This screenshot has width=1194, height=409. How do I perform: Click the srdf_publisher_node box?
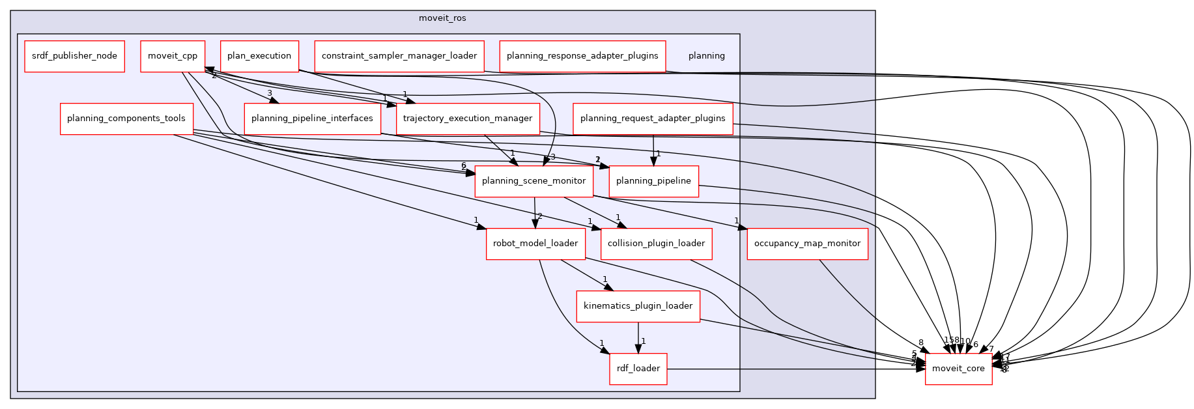tap(74, 56)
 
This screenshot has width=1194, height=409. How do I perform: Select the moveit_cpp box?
tap(173, 56)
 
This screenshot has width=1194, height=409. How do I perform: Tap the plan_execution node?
tap(259, 56)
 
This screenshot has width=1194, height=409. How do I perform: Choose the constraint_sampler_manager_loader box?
tap(399, 56)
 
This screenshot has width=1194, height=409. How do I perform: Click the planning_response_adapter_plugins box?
tap(582, 56)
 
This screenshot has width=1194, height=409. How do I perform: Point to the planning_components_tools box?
tap(126, 119)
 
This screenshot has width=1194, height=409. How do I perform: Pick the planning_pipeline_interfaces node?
tap(312, 119)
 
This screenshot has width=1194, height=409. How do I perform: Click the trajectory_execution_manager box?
tap(468, 119)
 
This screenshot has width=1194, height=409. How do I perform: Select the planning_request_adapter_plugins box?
tap(653, 119)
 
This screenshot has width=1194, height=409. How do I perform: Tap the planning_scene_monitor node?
tap(533, 181)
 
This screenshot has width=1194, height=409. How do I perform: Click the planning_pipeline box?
tap(653, 181)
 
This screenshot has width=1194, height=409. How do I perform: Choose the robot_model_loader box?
tap(535, 244)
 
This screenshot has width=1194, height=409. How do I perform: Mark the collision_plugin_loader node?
tap(656, 244)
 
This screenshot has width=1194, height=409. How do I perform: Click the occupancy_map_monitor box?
tap(807, 244)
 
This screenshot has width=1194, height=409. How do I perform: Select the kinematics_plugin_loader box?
tap(638, 306)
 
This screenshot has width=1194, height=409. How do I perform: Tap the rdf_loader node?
tap(638, 369)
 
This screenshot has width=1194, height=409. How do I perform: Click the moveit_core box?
tap(958, 369)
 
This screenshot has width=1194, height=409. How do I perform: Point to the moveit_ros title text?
tap(442, 18)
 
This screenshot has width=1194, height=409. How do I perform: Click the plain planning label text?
tap(706, 56)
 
